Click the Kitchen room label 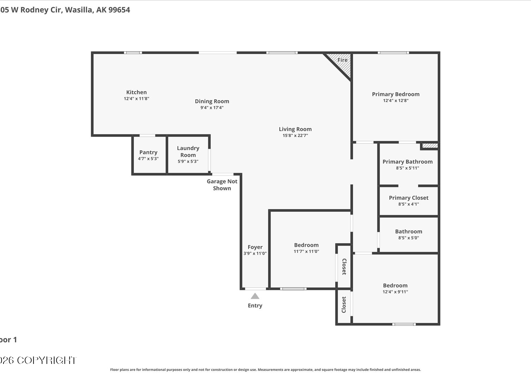point(136,92)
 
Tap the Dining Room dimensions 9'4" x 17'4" point(212,108)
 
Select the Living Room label point(295,129)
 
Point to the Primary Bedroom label point(396,94)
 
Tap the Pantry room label point(148,152)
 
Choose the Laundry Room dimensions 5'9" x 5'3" point(188,161)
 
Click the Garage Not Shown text point(222,185)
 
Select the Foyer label point(255,247)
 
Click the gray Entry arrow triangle point(255,296)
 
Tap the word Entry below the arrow point(255,306)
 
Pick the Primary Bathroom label point(407,161)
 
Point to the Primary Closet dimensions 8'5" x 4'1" point(409,204)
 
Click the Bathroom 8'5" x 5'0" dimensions point(409,238)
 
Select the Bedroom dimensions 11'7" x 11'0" point(306,251)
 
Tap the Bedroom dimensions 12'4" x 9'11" point(395,292)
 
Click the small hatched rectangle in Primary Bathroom point(430,146)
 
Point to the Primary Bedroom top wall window point(393,53)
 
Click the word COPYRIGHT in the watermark point(47,360)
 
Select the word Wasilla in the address point(79,10)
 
